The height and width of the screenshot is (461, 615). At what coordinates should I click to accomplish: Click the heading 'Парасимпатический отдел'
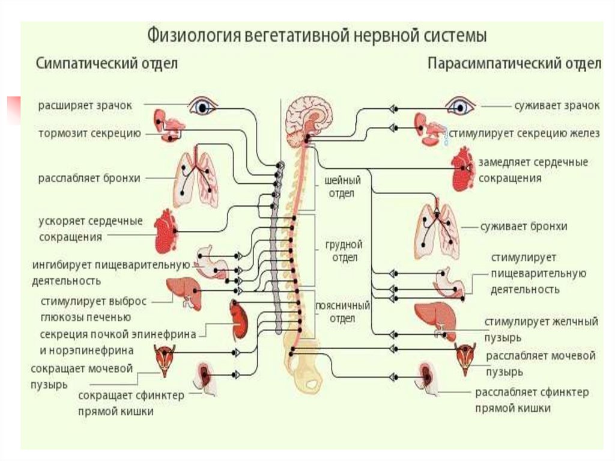(514, 64)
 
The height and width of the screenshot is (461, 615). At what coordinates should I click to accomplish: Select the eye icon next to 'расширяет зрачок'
(204, 106)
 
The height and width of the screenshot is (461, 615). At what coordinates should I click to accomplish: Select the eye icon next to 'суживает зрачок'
(460, 106)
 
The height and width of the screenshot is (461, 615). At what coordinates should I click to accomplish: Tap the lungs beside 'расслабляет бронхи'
(195, 179)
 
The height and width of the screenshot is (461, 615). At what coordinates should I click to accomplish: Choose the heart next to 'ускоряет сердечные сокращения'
(166, 231)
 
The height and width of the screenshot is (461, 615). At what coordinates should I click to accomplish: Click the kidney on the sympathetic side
(239, 320)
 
